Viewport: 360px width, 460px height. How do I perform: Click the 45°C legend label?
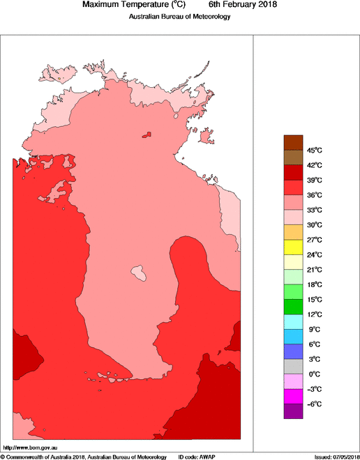(314, 150)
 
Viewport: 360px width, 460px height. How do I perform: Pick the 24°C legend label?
(314, 254)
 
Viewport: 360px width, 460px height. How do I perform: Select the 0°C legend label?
(314, 374)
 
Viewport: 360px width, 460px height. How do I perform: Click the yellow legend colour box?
(293, 247)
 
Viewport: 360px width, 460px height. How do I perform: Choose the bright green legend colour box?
(293, 291)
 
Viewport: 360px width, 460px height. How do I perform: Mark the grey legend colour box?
(293, 367)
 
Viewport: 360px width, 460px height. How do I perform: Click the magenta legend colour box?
(293, 397)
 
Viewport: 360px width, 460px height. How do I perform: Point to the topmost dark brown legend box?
(293, 142)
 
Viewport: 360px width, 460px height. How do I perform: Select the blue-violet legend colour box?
(293, 351)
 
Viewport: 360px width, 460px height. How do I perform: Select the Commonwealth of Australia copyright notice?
(84, 457)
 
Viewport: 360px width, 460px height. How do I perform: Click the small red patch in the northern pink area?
(147, 135)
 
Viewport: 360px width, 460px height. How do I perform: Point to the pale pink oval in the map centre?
(140, 272)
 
